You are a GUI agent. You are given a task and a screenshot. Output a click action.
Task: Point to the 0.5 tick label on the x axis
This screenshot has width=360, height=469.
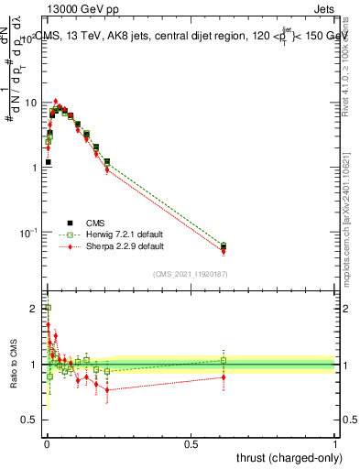[191, 444]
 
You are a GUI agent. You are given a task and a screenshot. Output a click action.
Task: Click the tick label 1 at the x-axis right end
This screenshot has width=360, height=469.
[334, 444]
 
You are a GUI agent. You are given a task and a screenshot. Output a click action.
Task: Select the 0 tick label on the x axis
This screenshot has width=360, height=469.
[47, 444]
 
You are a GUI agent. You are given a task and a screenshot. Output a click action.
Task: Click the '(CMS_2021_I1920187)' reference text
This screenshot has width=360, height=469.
[191, 273]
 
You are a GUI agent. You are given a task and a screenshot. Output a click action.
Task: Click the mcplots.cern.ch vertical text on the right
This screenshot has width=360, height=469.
[347, 229]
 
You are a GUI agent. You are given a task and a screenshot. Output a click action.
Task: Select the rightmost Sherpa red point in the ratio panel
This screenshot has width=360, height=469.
[224, 376]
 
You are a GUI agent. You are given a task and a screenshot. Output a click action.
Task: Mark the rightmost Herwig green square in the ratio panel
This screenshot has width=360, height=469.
[224, 360]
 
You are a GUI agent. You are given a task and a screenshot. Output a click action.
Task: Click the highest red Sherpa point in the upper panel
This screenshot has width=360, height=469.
[56, 101]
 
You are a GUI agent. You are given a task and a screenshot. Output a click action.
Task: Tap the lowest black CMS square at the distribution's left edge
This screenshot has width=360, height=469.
[48, 162]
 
